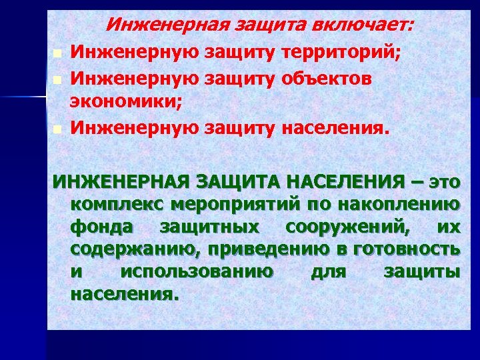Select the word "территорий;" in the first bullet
pos(342,51)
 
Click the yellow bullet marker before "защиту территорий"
pos(59,53)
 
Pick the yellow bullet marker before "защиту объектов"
pos(59,79)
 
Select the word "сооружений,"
pos(344,227)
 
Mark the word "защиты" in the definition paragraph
pos(422,272)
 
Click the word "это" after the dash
pos(444,181)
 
